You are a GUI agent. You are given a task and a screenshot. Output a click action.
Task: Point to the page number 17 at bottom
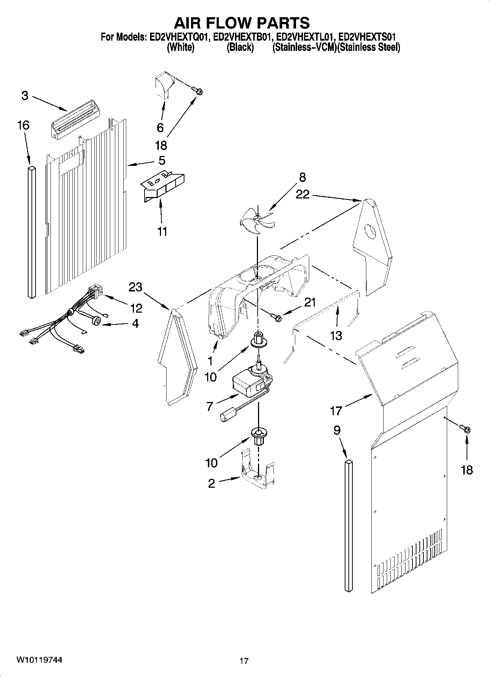(244, 661)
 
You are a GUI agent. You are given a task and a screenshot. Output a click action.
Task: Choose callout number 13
(336, 335)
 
